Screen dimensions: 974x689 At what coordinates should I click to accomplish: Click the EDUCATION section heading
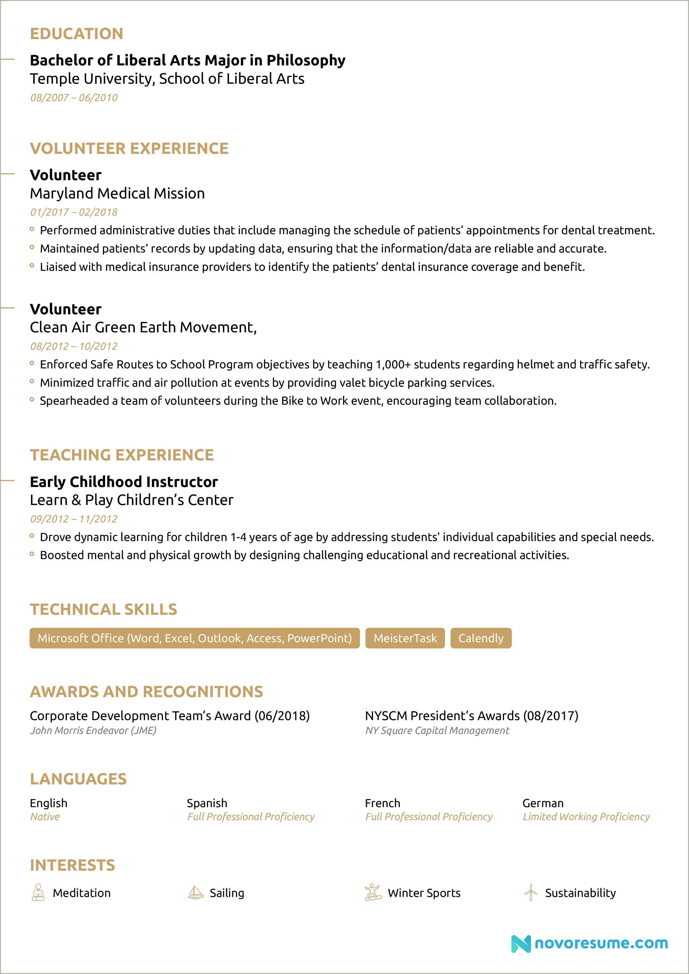pos(76,34)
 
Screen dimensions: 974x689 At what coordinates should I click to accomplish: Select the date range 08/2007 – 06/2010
pos(74,98)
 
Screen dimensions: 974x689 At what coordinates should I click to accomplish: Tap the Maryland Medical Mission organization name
pos(117,193)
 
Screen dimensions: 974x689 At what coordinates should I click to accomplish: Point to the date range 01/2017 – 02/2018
pos(74,212)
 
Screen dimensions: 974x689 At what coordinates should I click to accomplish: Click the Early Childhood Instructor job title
pos(123,482)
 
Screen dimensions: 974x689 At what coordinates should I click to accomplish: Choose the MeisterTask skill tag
pos(405,638)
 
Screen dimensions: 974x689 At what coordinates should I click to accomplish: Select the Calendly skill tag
pos(481,638)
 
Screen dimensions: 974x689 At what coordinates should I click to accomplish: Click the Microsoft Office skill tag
pos(194,638)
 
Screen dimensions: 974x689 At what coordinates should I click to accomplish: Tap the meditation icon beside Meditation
pos(38,893)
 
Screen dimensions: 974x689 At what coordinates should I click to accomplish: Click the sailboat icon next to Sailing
pos(195,893)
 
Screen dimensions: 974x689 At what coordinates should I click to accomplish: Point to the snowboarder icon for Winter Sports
pos(373,893)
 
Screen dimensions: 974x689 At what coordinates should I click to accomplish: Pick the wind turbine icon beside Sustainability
pos(530,893)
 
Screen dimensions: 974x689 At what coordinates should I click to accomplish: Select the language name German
pos(543,803)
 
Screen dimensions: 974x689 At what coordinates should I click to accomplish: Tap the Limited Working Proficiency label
pos(586,817)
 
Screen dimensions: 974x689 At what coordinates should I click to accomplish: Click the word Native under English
pos(45,817)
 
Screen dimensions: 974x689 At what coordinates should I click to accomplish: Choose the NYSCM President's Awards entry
pos(471,716)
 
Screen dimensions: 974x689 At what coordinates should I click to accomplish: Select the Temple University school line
pos(167,79)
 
